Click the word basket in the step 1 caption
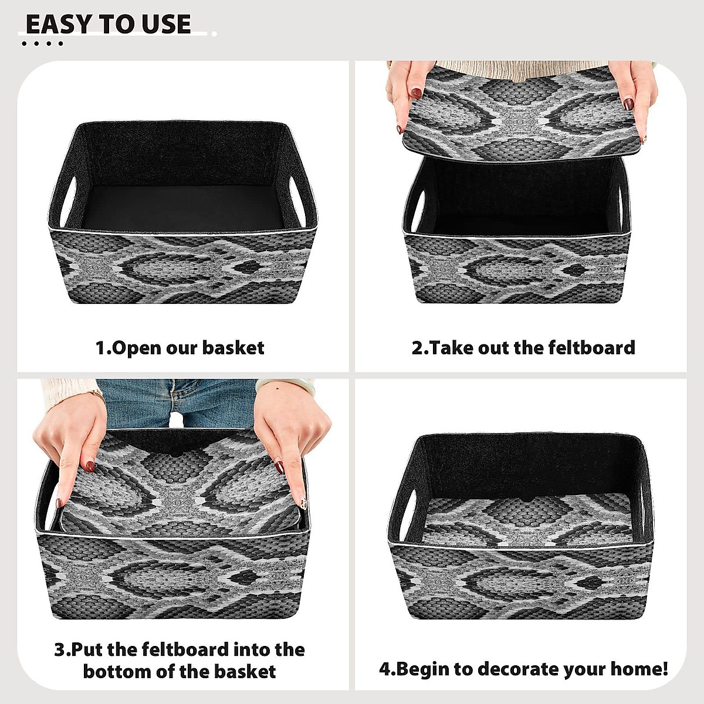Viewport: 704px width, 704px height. click(x=233, y=348)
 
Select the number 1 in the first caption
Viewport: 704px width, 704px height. click(x=101, y=348)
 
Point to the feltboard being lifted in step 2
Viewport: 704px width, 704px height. click(x=522, y=111)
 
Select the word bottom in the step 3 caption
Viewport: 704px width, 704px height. click(x=118, y=671)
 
